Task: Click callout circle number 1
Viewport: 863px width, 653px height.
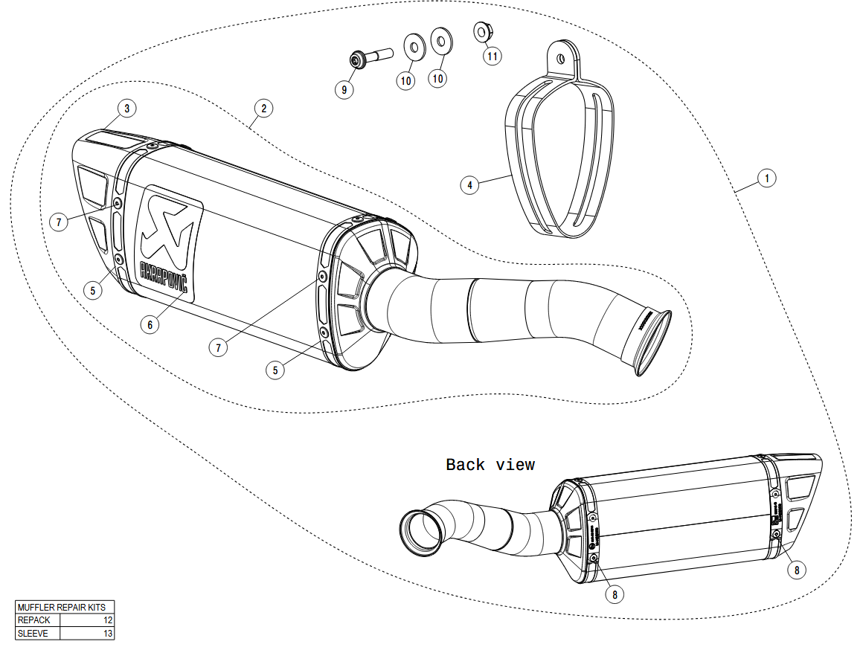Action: (767, 178)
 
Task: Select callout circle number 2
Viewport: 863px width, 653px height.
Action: (263, 109)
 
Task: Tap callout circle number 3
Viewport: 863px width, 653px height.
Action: (127, 109)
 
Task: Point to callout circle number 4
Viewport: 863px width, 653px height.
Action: (469, 184)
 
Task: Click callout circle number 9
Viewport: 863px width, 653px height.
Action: (344, 89)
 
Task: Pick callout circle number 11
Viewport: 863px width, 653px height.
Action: (491, 55)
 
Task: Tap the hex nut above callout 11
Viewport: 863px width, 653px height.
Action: (482, 32)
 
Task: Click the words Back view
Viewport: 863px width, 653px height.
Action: (490, 465)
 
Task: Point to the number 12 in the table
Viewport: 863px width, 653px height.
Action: (108, 620)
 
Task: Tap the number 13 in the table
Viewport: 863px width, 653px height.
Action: (108, 634)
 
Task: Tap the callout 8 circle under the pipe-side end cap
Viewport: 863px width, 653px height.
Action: (615, 594)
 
